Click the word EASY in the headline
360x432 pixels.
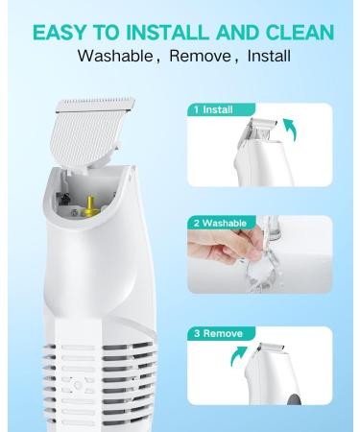60,32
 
